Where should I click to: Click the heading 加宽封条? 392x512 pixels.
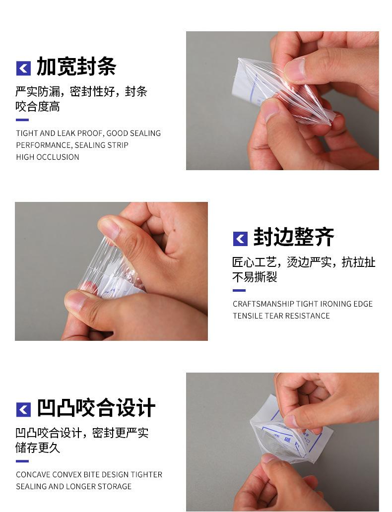tap(76, 66)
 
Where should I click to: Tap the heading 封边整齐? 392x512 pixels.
tap(294, 237)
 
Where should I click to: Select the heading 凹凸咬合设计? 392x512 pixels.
tap(96, 407)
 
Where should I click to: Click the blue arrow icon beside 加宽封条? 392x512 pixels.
tap(23, 68)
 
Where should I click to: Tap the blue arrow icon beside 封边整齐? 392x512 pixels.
tap(241, 239)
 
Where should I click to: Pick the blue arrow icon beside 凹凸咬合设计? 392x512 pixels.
tap(23, 409)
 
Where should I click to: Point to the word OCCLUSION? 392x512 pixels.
tap(58, 157)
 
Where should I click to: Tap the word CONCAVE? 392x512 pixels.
tap(33, 474)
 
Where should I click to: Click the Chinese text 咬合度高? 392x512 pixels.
tap(38, 107)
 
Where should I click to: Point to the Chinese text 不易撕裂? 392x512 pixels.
tap(255, 277)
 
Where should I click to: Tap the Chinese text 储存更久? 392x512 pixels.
tap(38, 448)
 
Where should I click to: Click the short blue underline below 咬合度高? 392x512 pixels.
tap(22, 120)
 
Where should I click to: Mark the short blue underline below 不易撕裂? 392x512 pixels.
tap(239, 290)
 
